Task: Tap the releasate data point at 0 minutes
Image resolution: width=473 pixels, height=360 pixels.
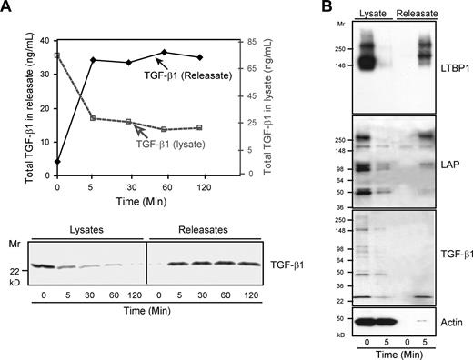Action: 57,161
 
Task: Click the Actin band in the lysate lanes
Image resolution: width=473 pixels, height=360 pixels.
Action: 374,321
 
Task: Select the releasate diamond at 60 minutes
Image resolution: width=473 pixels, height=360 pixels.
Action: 164,53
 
